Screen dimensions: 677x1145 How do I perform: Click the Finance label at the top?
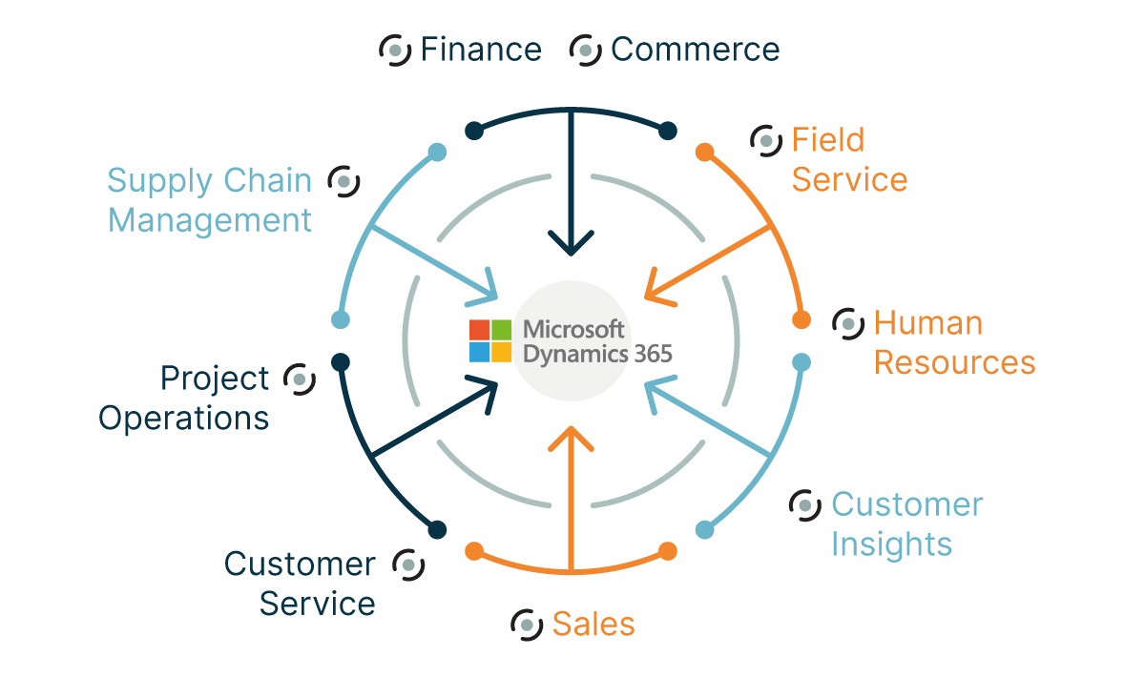(480, 50)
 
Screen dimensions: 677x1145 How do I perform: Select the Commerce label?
(695, 50)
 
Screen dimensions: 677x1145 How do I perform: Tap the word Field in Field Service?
(827, 140)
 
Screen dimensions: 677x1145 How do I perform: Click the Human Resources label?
(953, 343)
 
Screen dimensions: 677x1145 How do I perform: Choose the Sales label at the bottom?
(593, 625)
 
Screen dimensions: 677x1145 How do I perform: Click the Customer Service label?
(300, 584)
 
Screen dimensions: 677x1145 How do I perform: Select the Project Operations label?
(186, 399)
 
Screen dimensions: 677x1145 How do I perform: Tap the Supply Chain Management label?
(210, 200)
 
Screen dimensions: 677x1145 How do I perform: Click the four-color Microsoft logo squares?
(490, 341)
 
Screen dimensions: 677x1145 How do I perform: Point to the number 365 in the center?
(653, 354)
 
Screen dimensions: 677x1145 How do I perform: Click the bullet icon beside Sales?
(527, 625)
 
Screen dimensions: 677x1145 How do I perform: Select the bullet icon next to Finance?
(395, 50)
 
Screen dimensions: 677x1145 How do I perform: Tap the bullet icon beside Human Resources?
(848, 323)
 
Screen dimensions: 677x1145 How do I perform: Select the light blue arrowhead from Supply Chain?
(488, 286)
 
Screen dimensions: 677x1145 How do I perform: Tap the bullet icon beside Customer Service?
(408, 564)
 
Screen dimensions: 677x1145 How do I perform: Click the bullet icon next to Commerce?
(585, 50)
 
